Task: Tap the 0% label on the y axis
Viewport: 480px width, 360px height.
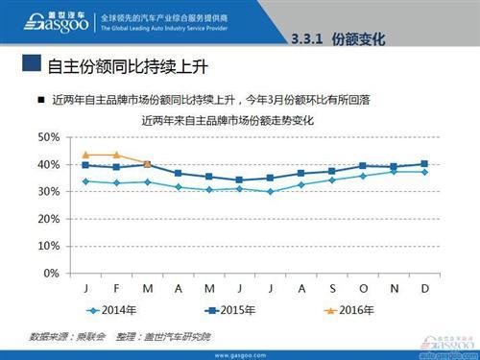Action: [x=52, y=274]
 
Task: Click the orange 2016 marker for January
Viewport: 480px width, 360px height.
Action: [x=85, y=155]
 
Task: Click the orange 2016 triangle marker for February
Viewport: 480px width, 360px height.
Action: [x=116, y=155]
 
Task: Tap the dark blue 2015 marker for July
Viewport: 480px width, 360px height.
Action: [x=270, y=178]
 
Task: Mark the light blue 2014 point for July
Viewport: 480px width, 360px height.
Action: [x=270, y=191]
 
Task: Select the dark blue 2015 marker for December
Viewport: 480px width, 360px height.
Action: [x=423, y=163]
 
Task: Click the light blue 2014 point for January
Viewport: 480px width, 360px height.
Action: [x=85, y=180]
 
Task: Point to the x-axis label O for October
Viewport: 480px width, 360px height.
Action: [x=362, y=288]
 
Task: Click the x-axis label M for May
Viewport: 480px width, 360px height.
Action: [x=208, y=288]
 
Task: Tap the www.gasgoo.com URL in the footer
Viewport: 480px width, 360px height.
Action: [x=239, y=353]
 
